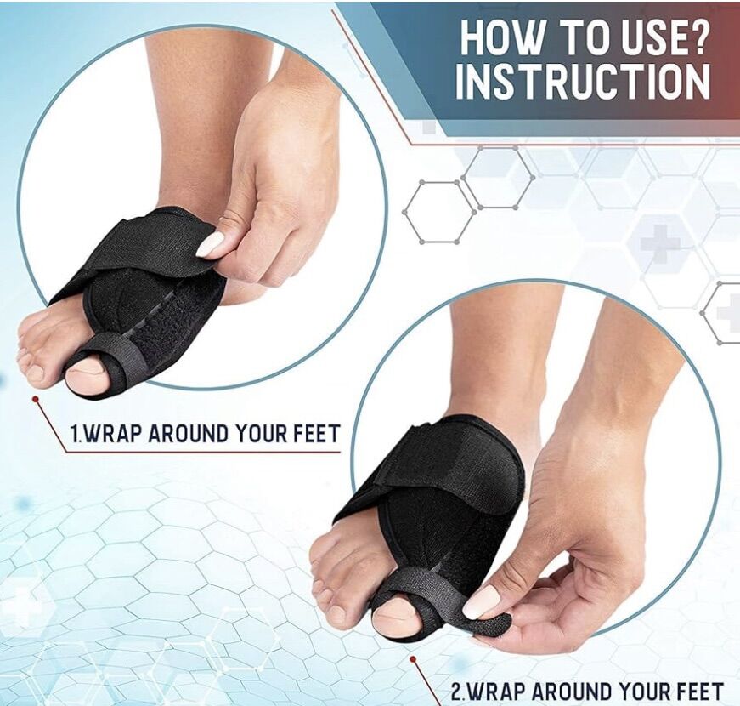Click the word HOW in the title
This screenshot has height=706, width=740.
pyautogui.click(x=501, y=37)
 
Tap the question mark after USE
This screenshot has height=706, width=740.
pyautogui.click(x=697, y=37)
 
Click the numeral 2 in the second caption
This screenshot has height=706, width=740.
pyautogui.click(x=457, y=692)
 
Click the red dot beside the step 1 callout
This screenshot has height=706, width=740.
pyautogui.click(x=35, y=400)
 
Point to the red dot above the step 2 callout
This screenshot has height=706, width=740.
pyautogui.click(x=413, y=658)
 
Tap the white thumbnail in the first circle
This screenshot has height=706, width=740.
pyautogui.click(x=211, y=244)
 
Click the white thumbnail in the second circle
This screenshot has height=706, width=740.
pyautogui.click(x=480, y=601)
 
